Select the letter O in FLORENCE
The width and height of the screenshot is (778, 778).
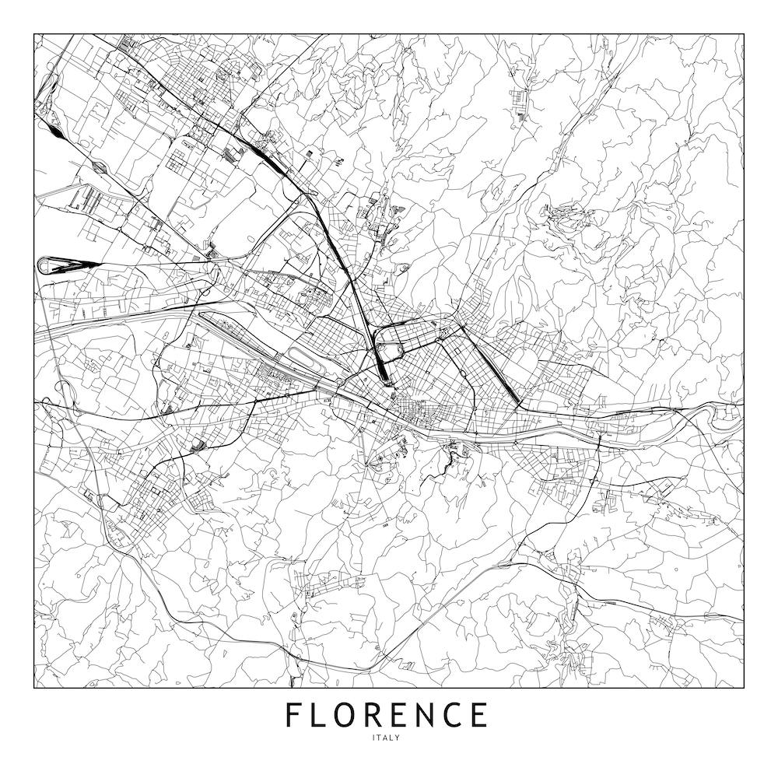pyautogui.click(x=349, y=714)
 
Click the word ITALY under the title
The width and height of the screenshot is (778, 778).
pyautogui.click(x=387, y=738)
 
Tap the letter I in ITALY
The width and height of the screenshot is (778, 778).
pyautogui.click(x=374, y=738)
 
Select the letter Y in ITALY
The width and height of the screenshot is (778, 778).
pyautogui.click(x=398, y=738)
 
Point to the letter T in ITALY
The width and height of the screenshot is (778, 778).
pyautogui.click(x=380, y=738)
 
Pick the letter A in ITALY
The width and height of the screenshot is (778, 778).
pyautogui.click(x=386, y=738)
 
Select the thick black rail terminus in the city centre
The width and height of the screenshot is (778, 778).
pyautogui.click(x=381, y=366)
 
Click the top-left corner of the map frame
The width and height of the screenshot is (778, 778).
pyautogui.click(x=34, y=34)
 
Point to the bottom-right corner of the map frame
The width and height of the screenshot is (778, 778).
pyautogui.click(x=743, y=689)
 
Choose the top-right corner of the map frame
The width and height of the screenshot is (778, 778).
pyautogui.click(x=743, y=34)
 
